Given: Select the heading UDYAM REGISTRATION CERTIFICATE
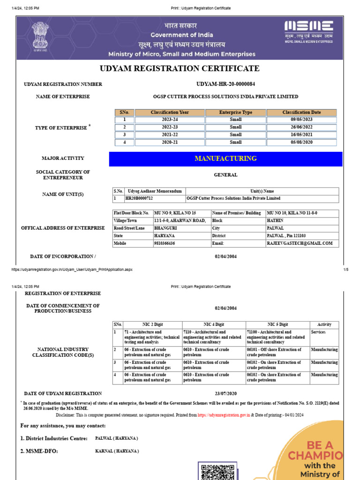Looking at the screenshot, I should click(x=180, y=68).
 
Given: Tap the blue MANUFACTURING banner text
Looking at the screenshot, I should click(x=225, y=158).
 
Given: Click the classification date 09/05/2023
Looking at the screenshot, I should click(x=301, y=120).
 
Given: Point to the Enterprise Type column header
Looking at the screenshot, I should click(x=235, y=112).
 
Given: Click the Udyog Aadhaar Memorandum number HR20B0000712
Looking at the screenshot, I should click(x=139, y=198).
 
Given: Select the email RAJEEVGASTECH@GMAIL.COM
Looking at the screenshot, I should click(x=300, y=243).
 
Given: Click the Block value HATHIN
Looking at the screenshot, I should click(x=275, y=220).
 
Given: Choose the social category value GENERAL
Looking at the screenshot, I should click(x=225, y=175).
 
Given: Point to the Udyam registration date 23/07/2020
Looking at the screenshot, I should click(x=225, y=394).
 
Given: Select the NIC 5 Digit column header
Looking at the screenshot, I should click(x=277, y=324).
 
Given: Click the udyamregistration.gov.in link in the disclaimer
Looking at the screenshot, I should click(x=224, y=415).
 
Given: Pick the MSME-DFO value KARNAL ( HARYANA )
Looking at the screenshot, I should click(x=117, y=451).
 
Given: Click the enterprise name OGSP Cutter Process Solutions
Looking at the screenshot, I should click(x=225, y=97).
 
